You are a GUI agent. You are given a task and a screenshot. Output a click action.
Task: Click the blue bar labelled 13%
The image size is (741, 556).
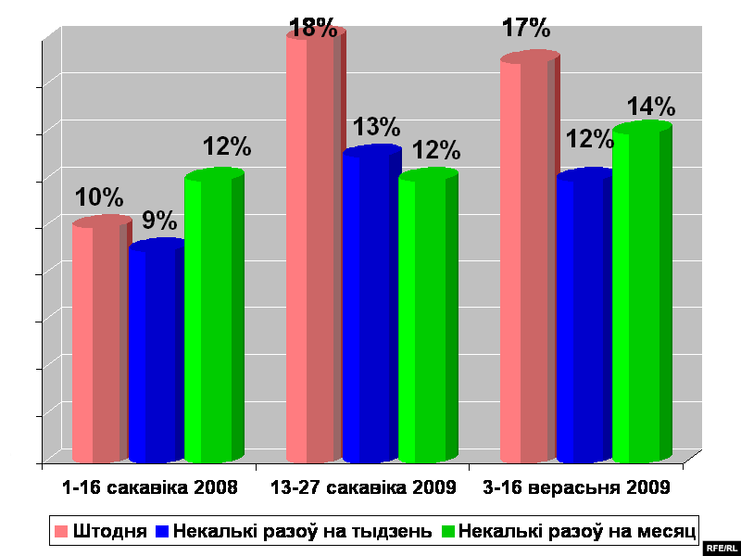pos(369,306)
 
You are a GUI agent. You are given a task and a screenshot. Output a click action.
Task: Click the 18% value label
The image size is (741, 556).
pos(313,28)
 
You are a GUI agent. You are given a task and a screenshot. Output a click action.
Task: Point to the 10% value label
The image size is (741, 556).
pos(99,197)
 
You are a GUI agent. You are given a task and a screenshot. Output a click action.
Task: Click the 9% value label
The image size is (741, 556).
pos(159,221)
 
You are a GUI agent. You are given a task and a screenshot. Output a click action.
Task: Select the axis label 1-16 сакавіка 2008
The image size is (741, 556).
pos(149,486)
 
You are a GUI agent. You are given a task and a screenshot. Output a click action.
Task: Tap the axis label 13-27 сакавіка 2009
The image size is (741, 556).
pos(363,486)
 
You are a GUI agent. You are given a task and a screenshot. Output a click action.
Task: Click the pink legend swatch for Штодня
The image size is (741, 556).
pos(61,531)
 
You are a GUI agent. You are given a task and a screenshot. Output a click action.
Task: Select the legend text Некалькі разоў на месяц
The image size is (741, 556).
pos(577,531)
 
